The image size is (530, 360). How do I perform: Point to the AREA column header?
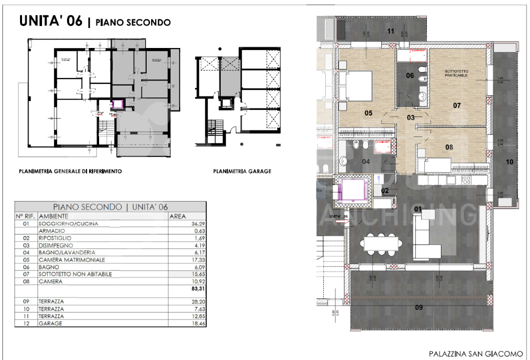click(179, 216)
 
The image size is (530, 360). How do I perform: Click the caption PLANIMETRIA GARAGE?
click(242, 171)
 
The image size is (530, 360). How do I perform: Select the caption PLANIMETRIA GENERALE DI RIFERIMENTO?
click(70, 171)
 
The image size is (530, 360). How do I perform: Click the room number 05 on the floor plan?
click(368, 113)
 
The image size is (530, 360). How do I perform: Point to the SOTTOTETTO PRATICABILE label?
click(455, 73)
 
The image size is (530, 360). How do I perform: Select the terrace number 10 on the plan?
click(509, 161)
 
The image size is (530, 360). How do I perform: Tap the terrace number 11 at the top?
click(391, 31)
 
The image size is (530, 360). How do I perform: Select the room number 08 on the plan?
click(449, 147)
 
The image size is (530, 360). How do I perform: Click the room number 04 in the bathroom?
click(366, 161)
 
